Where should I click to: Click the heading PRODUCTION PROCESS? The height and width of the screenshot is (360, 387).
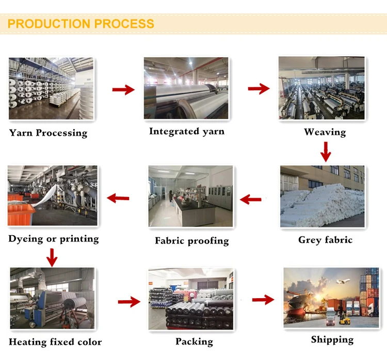coord(81,24)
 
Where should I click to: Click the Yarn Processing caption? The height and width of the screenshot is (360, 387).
coord(48,133)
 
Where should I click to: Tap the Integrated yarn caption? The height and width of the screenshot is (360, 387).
coord(187,132)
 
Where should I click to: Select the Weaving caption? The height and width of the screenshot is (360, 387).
coord(325,132)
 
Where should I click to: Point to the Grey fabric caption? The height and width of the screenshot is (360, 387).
coord(325,240)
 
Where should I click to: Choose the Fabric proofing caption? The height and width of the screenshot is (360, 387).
coord(191,241)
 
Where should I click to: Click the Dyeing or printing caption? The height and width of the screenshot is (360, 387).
coord(54,239)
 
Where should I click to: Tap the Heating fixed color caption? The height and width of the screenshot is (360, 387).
coord(55,342)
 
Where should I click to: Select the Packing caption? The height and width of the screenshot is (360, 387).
coord(194,341)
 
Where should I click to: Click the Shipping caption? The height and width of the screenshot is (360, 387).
coord(332,339)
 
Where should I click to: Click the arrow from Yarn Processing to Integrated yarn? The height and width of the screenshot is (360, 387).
coord(123,90)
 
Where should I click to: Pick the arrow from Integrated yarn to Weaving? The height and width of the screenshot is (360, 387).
coord(259,89)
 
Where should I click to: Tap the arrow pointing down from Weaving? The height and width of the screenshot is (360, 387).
coord(325,152)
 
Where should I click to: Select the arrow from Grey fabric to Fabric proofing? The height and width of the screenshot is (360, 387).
coord(251,199)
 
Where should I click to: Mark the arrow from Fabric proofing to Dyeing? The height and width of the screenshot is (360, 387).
coord(118,198)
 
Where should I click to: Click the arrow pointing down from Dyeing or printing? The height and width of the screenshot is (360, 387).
coord(52,256)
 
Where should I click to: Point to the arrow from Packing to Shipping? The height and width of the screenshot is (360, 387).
coord(263,299)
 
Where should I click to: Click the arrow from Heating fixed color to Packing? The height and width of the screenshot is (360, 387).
coord(129,302)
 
